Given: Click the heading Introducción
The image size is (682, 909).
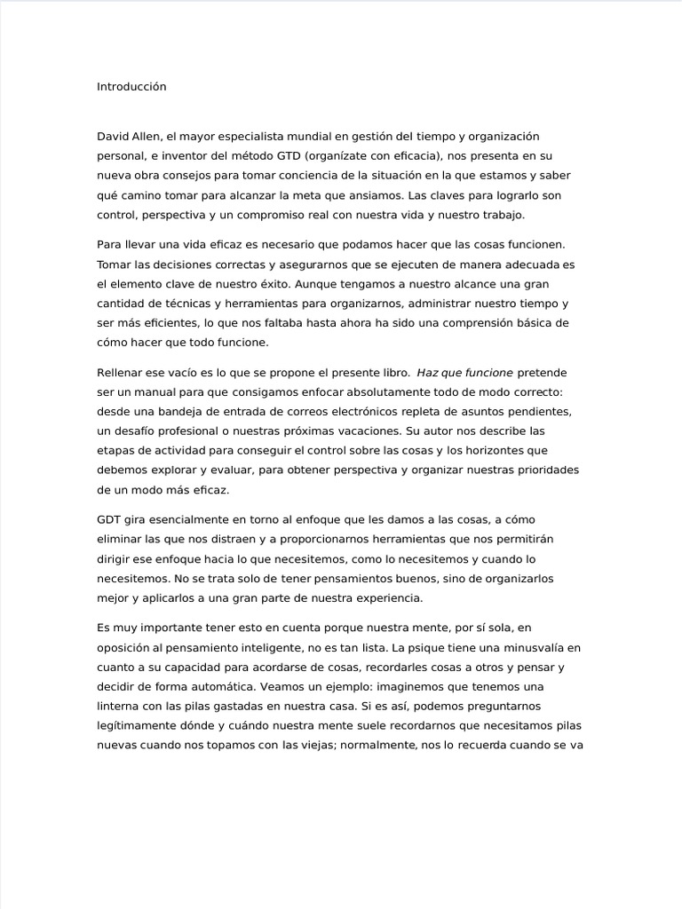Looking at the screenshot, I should (131, 87).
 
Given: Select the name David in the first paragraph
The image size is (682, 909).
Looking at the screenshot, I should (113, 136).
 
